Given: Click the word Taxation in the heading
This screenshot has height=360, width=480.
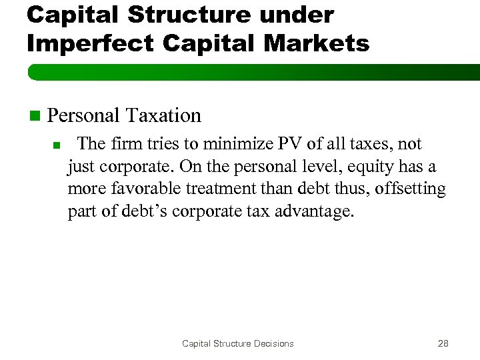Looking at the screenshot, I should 163,115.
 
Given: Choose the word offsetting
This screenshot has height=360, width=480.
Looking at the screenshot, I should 410,189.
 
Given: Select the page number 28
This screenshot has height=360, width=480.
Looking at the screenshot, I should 443,343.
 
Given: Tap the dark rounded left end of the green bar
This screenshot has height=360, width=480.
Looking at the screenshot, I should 31,72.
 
